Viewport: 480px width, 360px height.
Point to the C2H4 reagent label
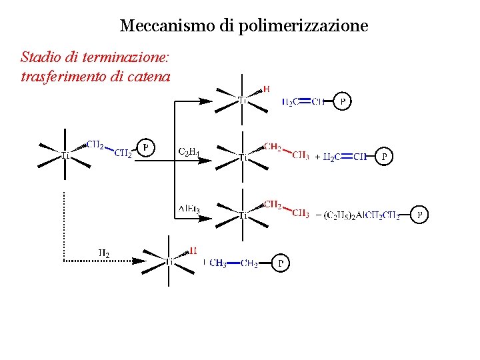[x=189, y=152]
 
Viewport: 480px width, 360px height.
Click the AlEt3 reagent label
[x=189, y=209]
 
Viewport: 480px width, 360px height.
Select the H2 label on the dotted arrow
[x=104, y=253]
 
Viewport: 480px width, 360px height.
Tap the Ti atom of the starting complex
[x=65, y=156]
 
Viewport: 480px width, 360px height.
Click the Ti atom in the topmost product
[x=243, y=101]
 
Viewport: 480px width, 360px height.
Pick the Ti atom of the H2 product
[x=169, y=261]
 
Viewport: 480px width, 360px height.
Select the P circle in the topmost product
[x=342, y=102]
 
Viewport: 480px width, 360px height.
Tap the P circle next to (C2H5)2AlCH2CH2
[x=419, y=215]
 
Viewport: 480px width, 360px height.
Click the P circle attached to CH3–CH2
[x=281, y=263]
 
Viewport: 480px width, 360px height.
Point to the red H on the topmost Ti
[x=266, y=89]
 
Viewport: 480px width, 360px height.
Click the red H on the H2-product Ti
[x=193, y=251]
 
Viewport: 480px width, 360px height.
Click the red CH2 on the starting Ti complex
[x=95, y=144]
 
